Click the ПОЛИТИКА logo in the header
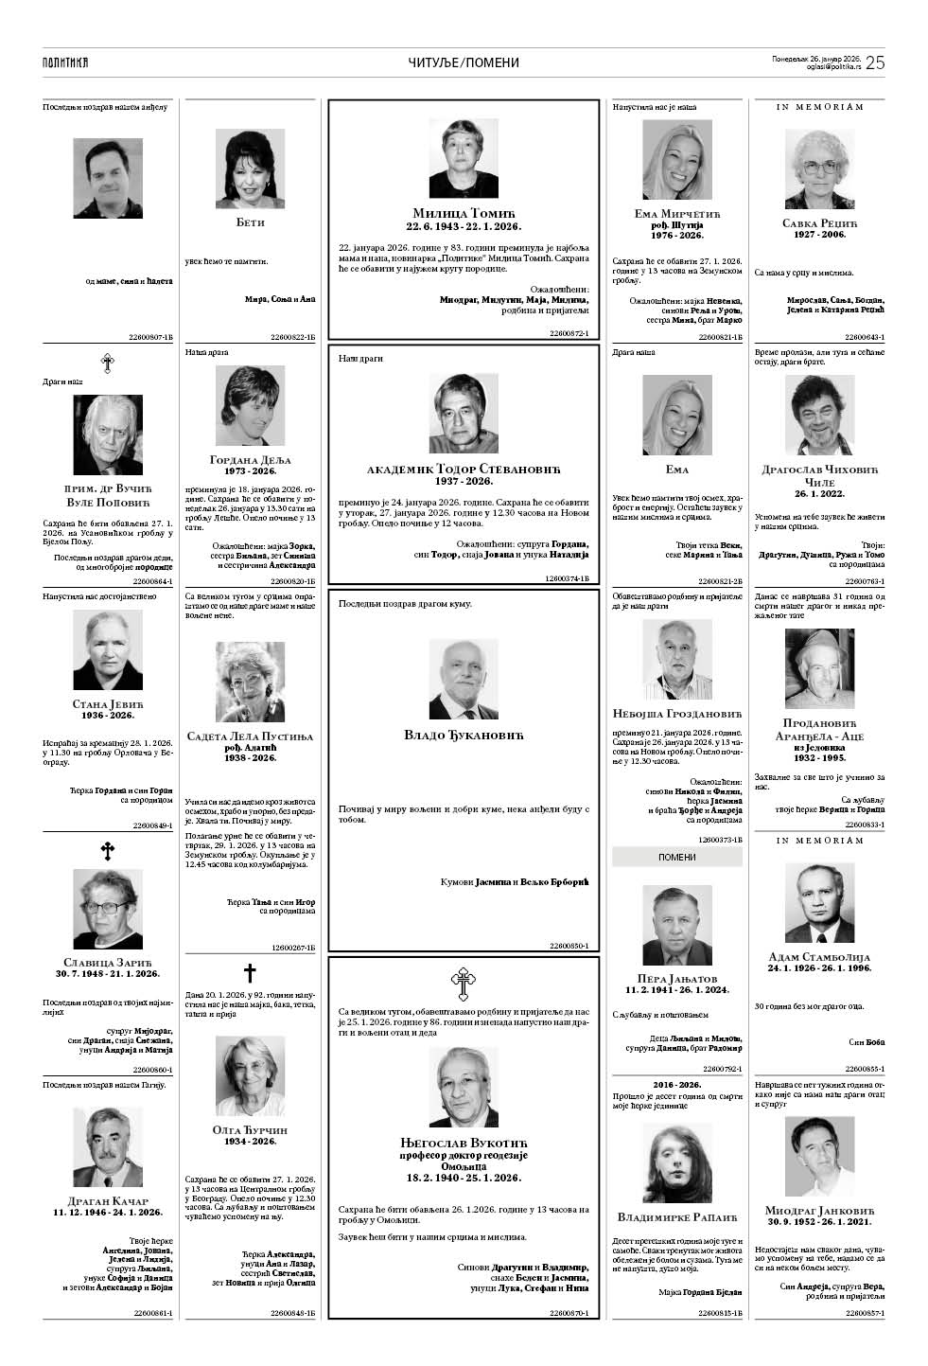point(65,62)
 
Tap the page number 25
point(875,62)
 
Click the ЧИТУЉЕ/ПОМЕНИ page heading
point(464,62)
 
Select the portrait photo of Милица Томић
point(464,158)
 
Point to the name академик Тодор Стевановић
point(464,470)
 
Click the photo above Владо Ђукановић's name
point(464,680)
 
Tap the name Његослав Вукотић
point(464,1143)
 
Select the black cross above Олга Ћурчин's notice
point(250,972)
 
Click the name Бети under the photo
point(250,222)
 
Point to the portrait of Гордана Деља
point(250,406)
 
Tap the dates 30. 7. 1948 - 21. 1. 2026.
point(108,974)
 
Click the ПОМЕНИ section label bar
point(676,858)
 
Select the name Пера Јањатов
point(676,978)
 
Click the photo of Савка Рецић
point(819,168)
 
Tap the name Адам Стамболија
point(819,957)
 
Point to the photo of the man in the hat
point(819,668)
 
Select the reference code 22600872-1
point(569,333)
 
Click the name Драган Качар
point(108,1200)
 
